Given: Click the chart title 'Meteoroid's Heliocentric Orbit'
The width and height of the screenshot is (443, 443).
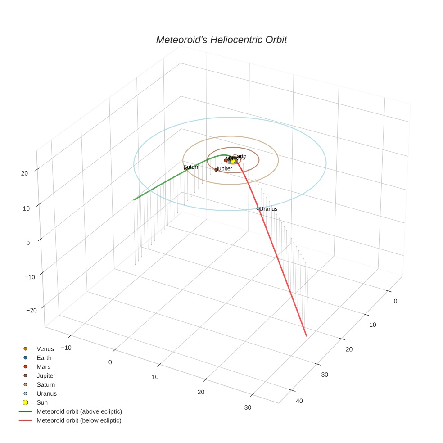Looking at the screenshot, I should (221, 40).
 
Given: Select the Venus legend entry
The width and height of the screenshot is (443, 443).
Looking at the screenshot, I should (45, 349).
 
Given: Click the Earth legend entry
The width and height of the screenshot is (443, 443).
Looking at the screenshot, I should (44, 358).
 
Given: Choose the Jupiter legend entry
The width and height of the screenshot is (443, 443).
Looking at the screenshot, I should (46, 376).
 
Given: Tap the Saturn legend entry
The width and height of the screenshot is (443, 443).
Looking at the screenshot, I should (45, 385).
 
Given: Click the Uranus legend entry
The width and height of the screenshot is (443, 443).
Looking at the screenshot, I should (46, 393).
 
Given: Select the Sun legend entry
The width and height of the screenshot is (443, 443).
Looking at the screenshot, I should (42, 402).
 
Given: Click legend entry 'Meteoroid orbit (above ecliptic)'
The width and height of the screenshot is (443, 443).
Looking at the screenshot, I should (79, 411).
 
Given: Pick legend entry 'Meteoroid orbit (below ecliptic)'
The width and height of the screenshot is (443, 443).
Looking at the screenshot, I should (79, 420).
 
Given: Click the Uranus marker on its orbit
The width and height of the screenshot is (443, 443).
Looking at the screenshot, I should (258, 208).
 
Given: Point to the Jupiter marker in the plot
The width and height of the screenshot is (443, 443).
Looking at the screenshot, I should (216, 170).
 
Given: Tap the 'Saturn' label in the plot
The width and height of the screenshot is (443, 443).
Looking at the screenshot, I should (191, 167).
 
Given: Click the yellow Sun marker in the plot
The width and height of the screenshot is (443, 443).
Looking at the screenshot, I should (232, 160).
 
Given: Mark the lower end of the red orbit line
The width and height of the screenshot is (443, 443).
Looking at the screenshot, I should (306, 335).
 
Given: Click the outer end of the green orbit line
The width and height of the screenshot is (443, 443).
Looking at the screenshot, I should (134, 199).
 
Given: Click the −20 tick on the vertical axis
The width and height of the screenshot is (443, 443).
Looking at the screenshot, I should (32, 311).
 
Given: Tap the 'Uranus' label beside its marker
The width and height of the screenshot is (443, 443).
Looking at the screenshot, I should (269, 209).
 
